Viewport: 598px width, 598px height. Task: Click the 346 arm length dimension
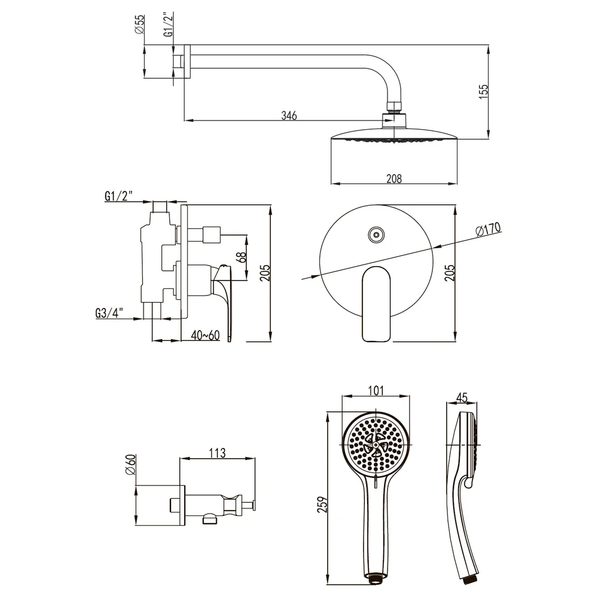tap(289, 115)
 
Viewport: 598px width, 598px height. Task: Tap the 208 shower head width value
tap(394, 178)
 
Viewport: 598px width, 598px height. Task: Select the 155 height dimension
tap(483, 92)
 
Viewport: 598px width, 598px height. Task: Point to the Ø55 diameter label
tap(139, 24)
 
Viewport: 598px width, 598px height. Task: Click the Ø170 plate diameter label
tap(488, 229)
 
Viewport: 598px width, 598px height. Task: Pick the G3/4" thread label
tap(109, 313)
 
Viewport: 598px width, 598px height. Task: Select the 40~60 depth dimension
tap(205, 335)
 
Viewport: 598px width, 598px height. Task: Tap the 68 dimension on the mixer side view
tap(241, 257)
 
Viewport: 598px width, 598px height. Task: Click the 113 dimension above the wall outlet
tap(217, 453)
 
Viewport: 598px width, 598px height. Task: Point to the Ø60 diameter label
tap(130, 465)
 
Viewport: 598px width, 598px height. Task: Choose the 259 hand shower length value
tap(323, 504)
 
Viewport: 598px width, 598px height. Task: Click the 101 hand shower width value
tap(376, 390)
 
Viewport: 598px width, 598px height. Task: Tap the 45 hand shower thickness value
tap(462, 398)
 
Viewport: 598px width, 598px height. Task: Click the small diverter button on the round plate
tap(376, 235)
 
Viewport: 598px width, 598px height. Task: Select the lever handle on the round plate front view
tap(376, 304)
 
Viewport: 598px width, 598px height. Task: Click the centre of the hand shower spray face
tap(376, 445)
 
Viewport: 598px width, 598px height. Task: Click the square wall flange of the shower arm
tap(187, 62)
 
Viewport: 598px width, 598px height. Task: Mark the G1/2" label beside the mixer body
tap(118, 196)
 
